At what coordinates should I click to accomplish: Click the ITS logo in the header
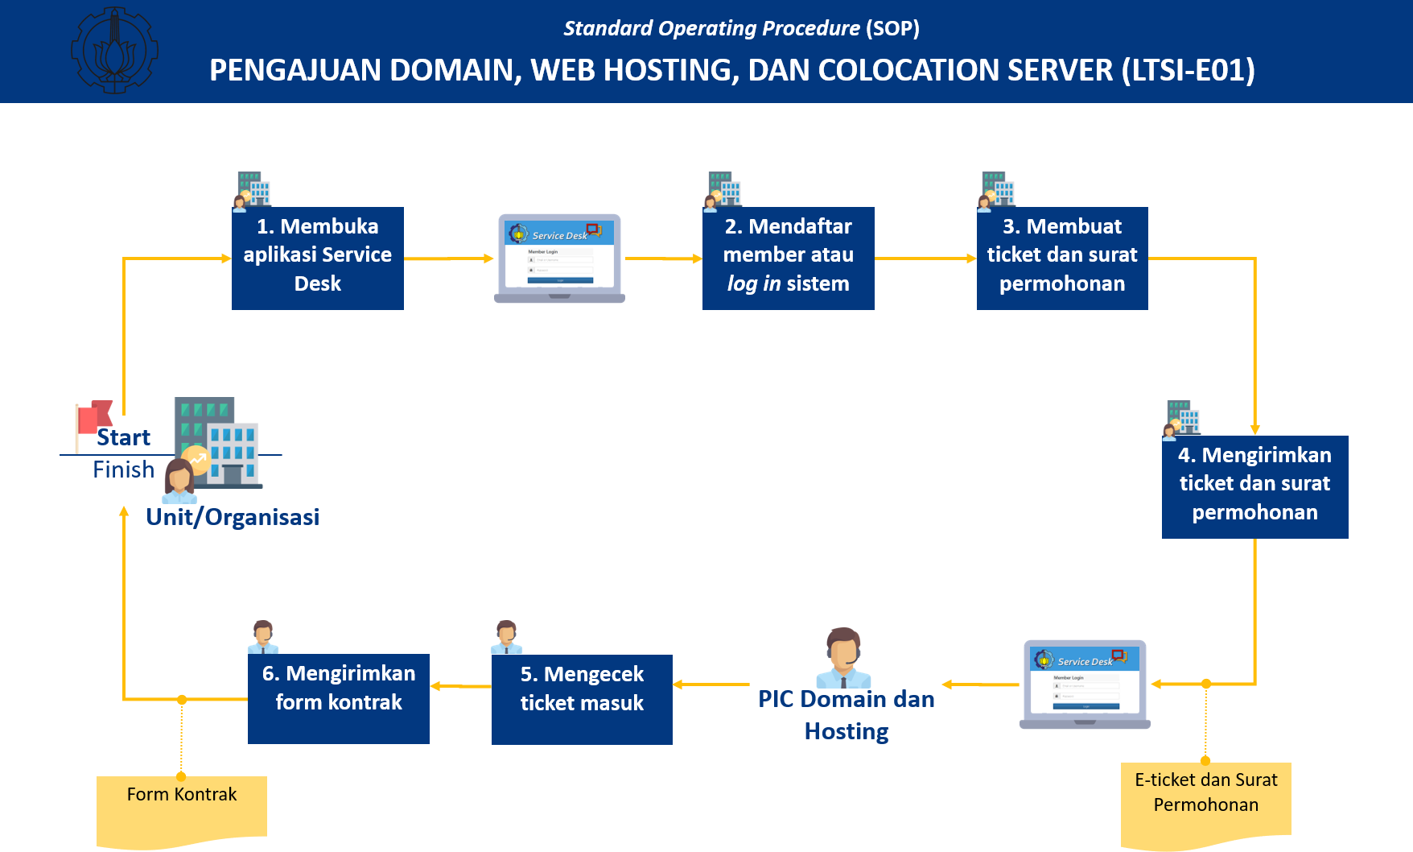click(114, 50)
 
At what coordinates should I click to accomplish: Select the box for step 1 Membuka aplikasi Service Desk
click(317, 258)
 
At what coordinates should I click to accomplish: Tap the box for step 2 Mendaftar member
click(788, 258)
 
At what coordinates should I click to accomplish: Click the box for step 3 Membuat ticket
click(1061, 258)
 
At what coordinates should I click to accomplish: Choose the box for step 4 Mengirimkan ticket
click(1254, 486)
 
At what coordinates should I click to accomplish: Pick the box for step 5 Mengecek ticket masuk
click(582, 698)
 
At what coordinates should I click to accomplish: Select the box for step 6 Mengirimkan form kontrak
click(338, 697)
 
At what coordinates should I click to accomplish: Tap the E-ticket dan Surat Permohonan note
click(1205, 801)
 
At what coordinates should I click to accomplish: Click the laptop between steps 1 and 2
click(559, 258)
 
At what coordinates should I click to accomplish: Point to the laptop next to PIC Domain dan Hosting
click(1085, 684)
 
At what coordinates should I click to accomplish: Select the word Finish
click(123, 469)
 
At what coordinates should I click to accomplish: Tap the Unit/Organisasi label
click(233, 517)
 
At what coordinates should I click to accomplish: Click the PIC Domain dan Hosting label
click(846, 715)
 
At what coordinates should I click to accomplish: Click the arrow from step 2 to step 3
click(925, 258)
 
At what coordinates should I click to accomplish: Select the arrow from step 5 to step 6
click(460, 686)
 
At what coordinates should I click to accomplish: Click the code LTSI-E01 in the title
click(1188, 71)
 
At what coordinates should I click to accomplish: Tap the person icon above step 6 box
click(263, 636)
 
